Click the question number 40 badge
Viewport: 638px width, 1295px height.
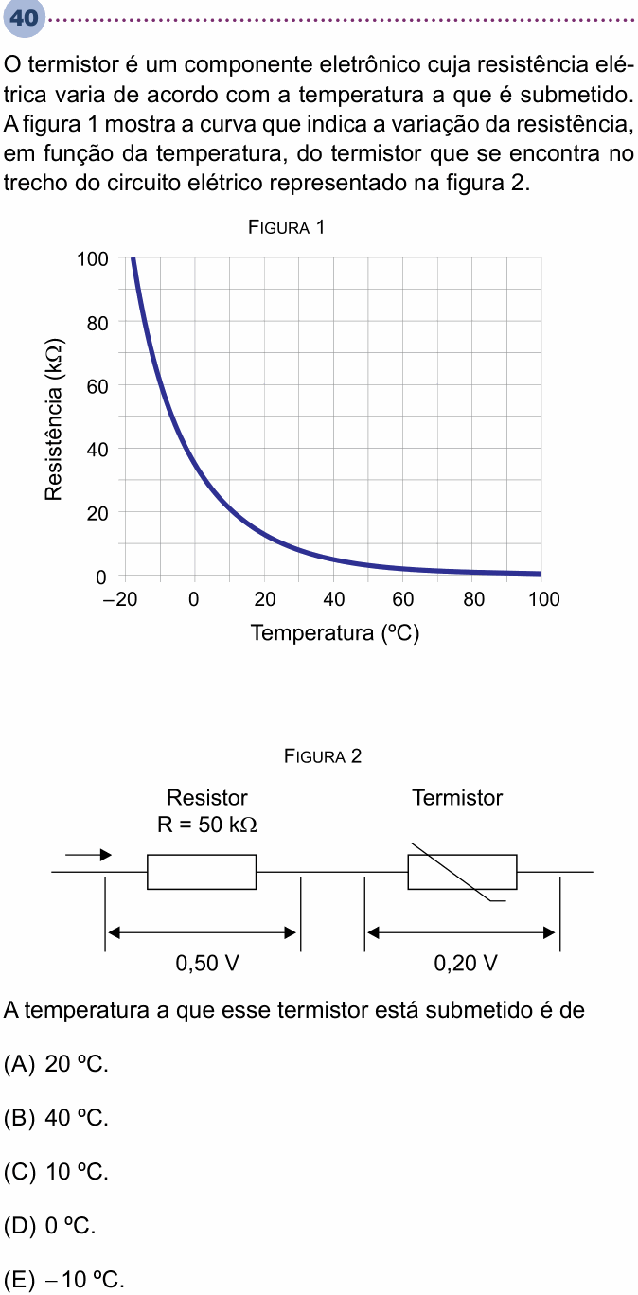click(25, 19)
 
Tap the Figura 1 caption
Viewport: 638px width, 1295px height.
click(286, 227)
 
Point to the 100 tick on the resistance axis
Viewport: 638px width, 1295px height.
click(93, 258)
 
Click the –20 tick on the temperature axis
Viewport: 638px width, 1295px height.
click(120, 599)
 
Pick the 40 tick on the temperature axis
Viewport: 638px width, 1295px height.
click(333, 599)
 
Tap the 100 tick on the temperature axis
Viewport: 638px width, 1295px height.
click(543, 599)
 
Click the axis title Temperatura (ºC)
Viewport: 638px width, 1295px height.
click(334, 633)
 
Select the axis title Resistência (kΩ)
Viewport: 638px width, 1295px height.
click(54, 418)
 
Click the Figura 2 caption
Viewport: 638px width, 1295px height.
click(323, 755)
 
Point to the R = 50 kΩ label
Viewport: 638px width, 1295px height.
click(207, 824)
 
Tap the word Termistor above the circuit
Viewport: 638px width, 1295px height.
click(457, 798)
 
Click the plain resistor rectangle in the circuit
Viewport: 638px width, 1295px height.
click(202, 871)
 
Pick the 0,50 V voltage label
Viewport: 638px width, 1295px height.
click(207, 963)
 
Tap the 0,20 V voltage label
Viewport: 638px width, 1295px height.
click(465, 963)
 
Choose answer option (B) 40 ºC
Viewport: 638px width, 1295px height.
click(56, 1118)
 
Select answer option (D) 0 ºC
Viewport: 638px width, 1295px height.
click(50, 1225)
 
